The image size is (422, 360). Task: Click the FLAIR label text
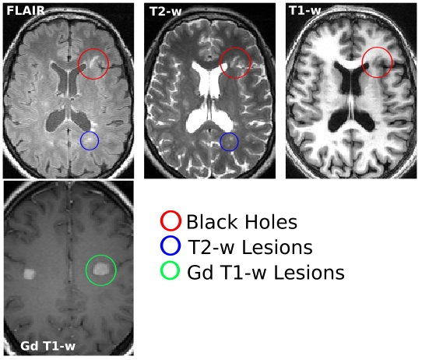tap(26, 11)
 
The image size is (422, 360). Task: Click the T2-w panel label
tap(166, 12)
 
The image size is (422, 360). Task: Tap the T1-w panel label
tap(304, 10)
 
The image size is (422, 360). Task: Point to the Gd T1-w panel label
tap(48, 346)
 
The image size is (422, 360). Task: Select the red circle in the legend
tap(160, 221)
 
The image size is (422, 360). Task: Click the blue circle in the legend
tap(160, 245)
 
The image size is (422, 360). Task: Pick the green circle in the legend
tap(160, 270)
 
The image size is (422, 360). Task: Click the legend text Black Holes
tap(241, 222)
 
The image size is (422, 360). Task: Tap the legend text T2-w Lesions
tap(250, 247)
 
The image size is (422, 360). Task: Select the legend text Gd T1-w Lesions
tap(266, 272)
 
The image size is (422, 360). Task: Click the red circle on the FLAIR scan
tap(78, 64)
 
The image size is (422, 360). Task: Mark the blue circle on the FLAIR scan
tap(80, 140)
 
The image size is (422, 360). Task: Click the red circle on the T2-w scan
tap(220, 63)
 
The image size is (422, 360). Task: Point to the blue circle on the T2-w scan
tap(220, 142)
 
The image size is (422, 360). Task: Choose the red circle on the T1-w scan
tap(362, 62)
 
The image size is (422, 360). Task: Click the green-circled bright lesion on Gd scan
tap(101, 269)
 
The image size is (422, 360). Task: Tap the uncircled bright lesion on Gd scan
tap(30, 274)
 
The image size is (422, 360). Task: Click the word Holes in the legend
tap(271, 222)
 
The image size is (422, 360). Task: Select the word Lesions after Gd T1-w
tap(309, 272)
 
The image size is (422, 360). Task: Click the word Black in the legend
tap(212, 222)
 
